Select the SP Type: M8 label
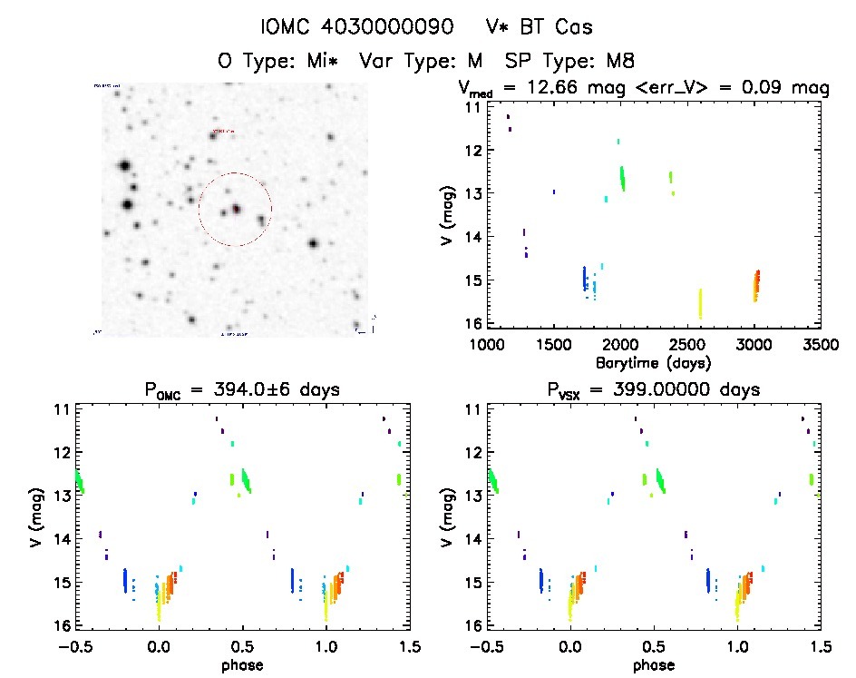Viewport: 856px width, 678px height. (570, 62)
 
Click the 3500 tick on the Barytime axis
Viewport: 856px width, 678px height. (819, 345)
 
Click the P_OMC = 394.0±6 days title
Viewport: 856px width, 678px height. (243, 391)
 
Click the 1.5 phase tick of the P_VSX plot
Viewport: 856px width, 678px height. (818, 647)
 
